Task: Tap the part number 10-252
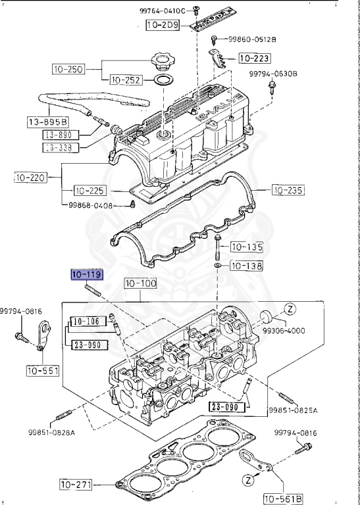(126, 80)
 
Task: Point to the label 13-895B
(47, 122)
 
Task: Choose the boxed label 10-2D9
(163, 26)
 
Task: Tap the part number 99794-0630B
(273, 74)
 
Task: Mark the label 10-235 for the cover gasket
(287, 191)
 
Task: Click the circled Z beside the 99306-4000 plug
(289, 308)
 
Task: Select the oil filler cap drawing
(162, 64)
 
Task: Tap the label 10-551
(43, 371)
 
